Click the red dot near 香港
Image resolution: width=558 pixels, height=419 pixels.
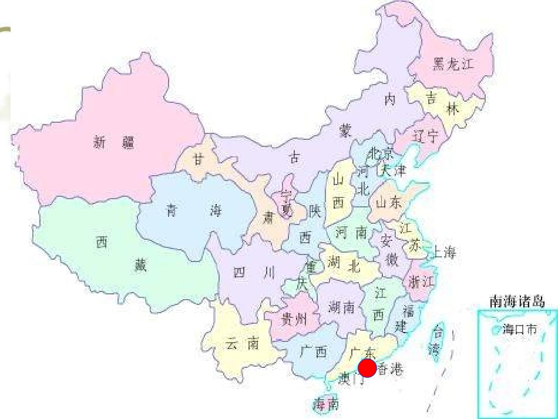tap(367, 368)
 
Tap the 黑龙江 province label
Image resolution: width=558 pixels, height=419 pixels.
tap(452, 65)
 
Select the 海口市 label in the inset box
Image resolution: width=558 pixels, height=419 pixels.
tap(520, 330)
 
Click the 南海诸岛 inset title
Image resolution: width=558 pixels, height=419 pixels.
tap(517, 302)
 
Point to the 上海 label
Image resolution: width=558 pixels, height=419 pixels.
tap(444, 253)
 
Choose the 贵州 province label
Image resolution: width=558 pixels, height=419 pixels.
tap(294, 320)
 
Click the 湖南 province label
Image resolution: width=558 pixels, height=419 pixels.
tap(342, 307)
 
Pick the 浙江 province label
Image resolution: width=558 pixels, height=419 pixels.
tap(421, 281)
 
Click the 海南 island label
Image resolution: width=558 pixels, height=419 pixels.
tap(326, 404)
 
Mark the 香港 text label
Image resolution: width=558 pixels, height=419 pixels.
tap(390, 370)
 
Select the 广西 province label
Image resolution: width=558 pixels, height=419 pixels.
tap(312, 353)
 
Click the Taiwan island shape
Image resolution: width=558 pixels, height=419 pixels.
tap(436, 341)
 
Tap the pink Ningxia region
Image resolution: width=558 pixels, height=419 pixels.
tap(287, 194)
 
